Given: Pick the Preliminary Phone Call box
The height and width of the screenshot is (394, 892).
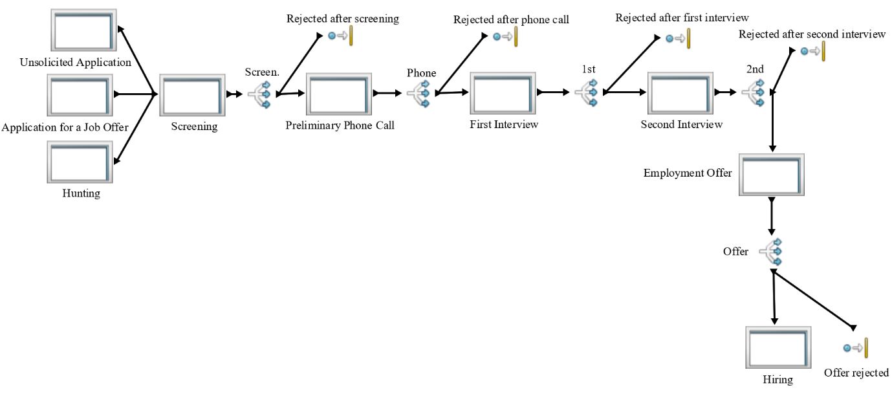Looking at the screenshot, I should (340, 94).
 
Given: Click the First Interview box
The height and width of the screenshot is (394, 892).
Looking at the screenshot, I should (503, 94).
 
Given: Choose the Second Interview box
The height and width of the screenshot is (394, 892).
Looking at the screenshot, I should (682, 94).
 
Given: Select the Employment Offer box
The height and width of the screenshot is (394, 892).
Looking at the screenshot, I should (771, 175).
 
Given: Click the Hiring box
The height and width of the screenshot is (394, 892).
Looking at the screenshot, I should (778, 347).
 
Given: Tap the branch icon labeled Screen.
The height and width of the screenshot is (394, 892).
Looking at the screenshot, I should (259, 94).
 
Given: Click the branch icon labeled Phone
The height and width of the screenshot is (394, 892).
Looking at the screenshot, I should (420, 93).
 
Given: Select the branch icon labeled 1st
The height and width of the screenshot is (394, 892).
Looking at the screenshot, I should (587, 93).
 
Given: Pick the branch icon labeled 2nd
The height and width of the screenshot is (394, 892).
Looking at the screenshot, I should (754, 93).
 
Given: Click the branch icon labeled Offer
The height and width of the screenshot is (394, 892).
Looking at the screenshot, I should (772, 251).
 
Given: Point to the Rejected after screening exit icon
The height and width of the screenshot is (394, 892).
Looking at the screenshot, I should (341, 36).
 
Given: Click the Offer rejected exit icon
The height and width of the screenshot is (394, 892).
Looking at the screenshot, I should (856, 348).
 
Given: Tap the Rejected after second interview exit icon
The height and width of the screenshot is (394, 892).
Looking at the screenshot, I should (813, 50).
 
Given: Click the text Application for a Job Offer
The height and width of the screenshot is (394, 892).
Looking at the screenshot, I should (65, 127).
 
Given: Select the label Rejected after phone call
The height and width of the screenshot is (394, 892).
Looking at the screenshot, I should (511, 20).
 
